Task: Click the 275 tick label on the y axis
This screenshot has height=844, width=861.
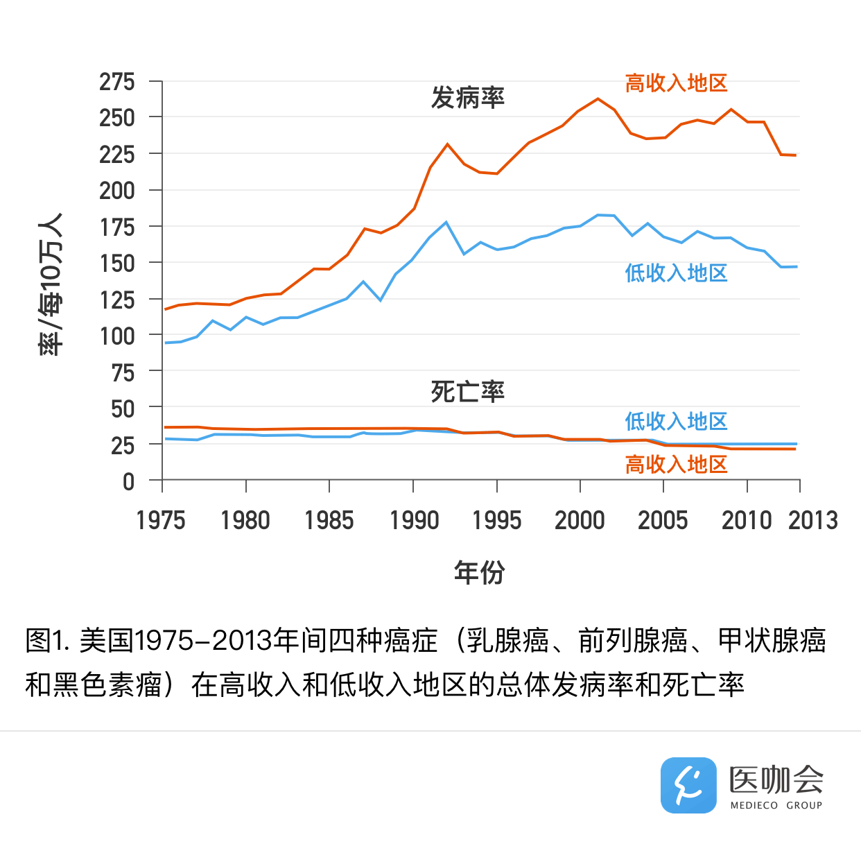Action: [117, 83]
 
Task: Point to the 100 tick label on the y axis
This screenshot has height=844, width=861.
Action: [117, 337]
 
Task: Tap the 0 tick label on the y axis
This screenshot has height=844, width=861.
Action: [128, 482]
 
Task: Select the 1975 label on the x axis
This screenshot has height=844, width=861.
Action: [161, 521]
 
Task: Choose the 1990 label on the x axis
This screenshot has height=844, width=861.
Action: [414, 521]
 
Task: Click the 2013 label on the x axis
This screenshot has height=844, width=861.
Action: [813, 521]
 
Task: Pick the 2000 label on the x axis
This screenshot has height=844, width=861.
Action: [580, 521]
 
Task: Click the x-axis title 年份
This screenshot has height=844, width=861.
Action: [479, 573]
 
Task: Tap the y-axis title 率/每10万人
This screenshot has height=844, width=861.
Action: [51, 284]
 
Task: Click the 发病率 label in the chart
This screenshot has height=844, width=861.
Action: [468, 98]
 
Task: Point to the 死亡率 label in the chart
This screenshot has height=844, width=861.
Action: [468, 393]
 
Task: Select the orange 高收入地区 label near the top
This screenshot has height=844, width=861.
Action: [676, 84]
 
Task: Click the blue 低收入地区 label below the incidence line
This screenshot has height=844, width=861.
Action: [676, 273]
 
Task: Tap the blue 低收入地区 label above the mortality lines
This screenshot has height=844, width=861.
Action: [676, 422]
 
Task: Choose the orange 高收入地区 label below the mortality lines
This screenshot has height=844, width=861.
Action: [676, 465]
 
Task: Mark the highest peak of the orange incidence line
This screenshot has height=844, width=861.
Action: [598, 99]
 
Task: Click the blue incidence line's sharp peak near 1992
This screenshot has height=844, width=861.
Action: [446, 223]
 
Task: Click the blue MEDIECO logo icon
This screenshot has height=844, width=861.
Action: [688, 785]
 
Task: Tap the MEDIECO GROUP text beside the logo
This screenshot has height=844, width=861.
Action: [776, 805]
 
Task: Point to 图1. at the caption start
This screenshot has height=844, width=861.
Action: [48, 641]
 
